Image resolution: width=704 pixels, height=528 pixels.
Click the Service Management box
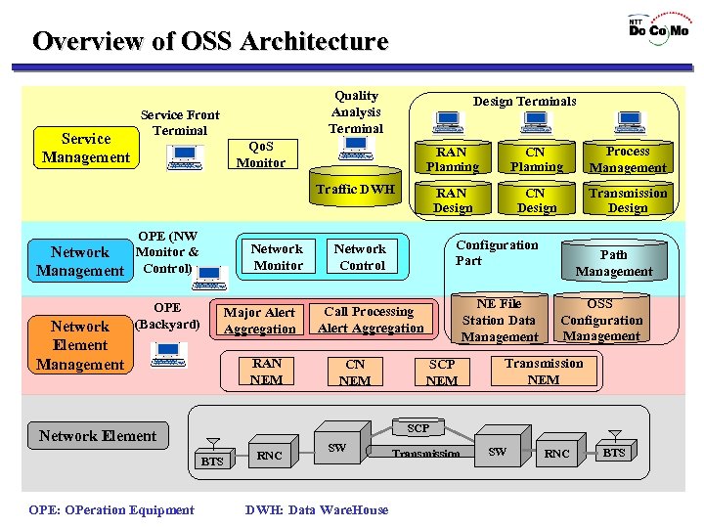tap(86, 148)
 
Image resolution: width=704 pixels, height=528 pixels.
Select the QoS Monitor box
tap(261, 154)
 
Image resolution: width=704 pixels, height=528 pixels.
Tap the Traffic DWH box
tap(356, 190)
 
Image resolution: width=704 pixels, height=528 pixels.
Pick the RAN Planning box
tap(451, 159)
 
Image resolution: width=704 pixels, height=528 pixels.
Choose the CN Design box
tap(537, 200)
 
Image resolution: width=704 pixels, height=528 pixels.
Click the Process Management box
tap(627, 159)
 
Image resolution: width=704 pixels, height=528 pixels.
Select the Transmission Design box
tap(627, 200)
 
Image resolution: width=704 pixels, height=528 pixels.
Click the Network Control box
tap(361, 257)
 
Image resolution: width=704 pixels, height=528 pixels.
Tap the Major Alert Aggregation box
tap(259, 321)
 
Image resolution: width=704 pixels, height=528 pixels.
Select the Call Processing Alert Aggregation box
tap(370, 320)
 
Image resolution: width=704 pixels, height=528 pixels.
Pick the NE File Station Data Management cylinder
tap(500, 319)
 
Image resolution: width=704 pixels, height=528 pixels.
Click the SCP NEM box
tap(442, 373)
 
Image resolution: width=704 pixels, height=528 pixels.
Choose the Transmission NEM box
tap(544, 372)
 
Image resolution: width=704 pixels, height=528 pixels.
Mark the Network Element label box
tap(98, 436)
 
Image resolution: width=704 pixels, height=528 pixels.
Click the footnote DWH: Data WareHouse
tap(316, 509)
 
